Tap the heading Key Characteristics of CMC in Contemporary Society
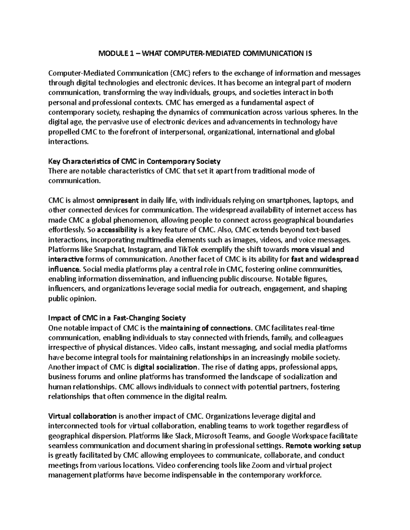click(134, 161)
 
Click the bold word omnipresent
click(118, 200)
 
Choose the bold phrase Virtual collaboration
click(82, 416)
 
